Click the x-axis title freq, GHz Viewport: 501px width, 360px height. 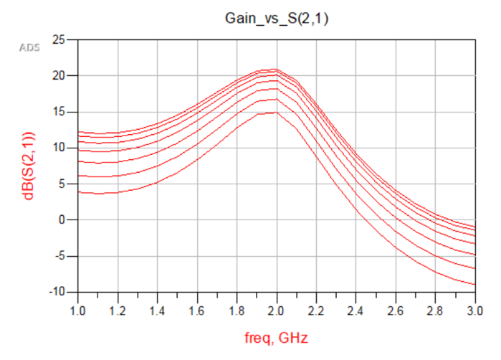[276, 336]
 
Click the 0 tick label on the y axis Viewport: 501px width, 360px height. [63, 220]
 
